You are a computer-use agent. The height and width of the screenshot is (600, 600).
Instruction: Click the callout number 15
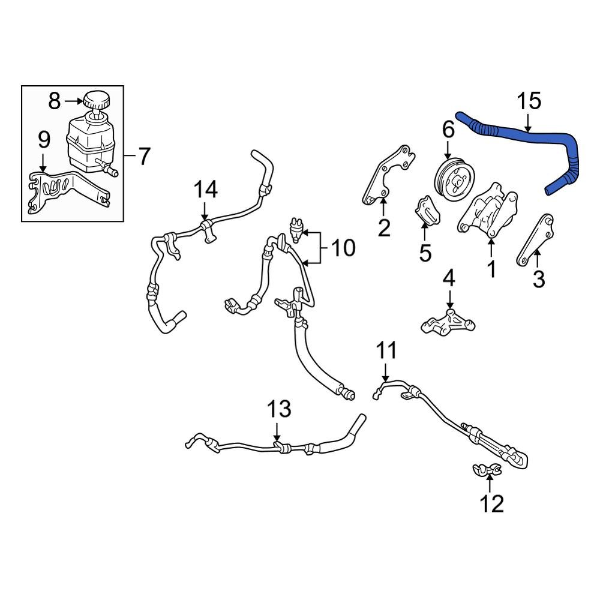click(530, 100)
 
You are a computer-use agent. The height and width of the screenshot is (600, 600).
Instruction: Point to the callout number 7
click(143, 157)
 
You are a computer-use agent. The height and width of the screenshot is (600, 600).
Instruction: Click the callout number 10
click(343, 247)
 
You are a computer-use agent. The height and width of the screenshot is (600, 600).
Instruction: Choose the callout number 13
click(279, 410)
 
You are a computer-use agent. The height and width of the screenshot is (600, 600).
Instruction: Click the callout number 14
click(205, 191)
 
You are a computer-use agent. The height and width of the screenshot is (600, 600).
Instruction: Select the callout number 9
click(44, 140)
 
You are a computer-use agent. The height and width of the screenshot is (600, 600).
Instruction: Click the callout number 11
click(387, 350)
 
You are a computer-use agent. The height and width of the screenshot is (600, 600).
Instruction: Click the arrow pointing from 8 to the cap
click(72, 101)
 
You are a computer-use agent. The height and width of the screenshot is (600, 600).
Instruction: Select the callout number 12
click(492, 504)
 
